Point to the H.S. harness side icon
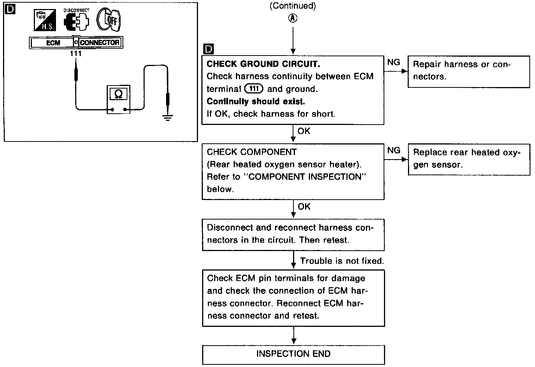44,20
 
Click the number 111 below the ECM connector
76,54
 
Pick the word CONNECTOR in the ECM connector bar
100,43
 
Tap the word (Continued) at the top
293,6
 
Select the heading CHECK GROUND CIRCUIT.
263,64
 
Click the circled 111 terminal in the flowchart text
254,89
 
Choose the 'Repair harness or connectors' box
469,71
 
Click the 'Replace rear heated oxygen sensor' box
469,159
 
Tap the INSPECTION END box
293,354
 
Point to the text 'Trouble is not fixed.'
342,261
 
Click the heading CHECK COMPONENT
251,152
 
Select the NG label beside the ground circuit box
393,62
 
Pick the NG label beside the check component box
393,150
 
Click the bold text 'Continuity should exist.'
255,101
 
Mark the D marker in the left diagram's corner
10,9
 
